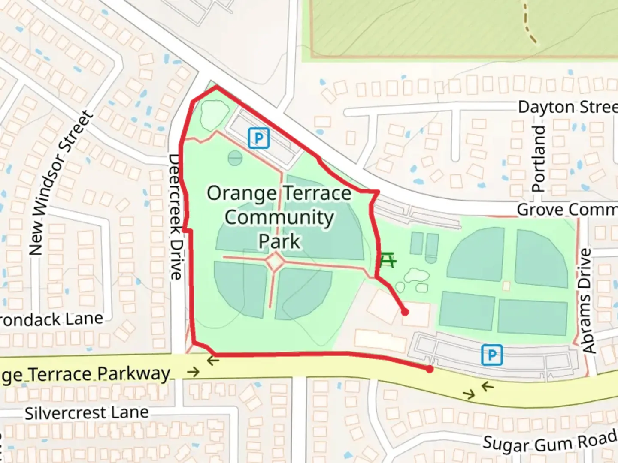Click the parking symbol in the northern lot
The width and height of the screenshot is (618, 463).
tap(259, 138)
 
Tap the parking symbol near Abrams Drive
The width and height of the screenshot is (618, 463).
tap(492, 355)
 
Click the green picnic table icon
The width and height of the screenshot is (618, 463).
tap(388, 260)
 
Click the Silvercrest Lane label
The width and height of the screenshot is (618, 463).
tap(87, 413)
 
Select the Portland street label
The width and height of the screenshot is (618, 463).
tap(538, 159)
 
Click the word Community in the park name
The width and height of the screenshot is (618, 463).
tap(279, 217)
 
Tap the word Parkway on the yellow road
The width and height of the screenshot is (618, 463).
tap(133, 373)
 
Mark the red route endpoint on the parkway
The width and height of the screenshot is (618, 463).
tap(430, 369)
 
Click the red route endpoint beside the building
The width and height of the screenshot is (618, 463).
tap(405, 312)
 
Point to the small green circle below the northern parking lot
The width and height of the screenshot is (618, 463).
tap(235, 158)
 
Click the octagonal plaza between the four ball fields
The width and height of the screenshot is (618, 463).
tap(274, 262)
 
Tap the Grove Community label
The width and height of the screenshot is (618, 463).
tap(566, 210)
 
